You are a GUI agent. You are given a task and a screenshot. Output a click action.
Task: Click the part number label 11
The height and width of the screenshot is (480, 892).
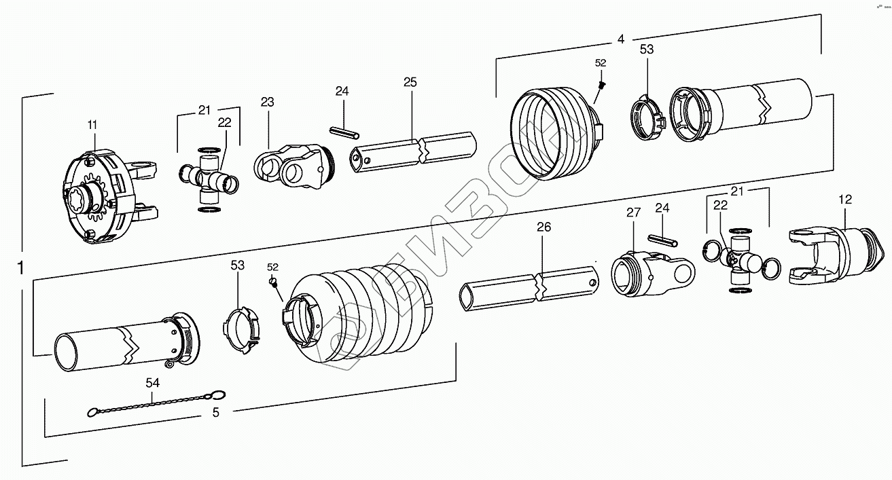point(92,125)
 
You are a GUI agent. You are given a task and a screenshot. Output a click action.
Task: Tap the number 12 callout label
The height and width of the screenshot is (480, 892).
point(845,200)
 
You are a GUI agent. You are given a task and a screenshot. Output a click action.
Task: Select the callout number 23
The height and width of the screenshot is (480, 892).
point(267,102)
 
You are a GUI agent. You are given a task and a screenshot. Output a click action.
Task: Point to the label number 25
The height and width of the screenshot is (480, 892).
point(410,83)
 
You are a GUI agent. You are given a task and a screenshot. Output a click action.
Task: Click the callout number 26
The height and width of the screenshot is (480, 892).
point(543,227)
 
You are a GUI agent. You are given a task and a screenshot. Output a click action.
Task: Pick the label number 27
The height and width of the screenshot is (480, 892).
point(633,213)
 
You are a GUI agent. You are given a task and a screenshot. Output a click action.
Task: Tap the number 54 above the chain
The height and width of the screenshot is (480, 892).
point(152,383)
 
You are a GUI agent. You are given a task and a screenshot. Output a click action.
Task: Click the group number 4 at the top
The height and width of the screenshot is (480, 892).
point(620,39)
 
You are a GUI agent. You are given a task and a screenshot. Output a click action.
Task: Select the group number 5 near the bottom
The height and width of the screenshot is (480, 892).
point(215,411)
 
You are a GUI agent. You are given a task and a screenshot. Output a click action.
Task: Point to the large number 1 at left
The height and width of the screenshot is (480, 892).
point(20,267)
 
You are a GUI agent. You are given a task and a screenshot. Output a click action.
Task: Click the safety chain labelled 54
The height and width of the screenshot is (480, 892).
point(156,403)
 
